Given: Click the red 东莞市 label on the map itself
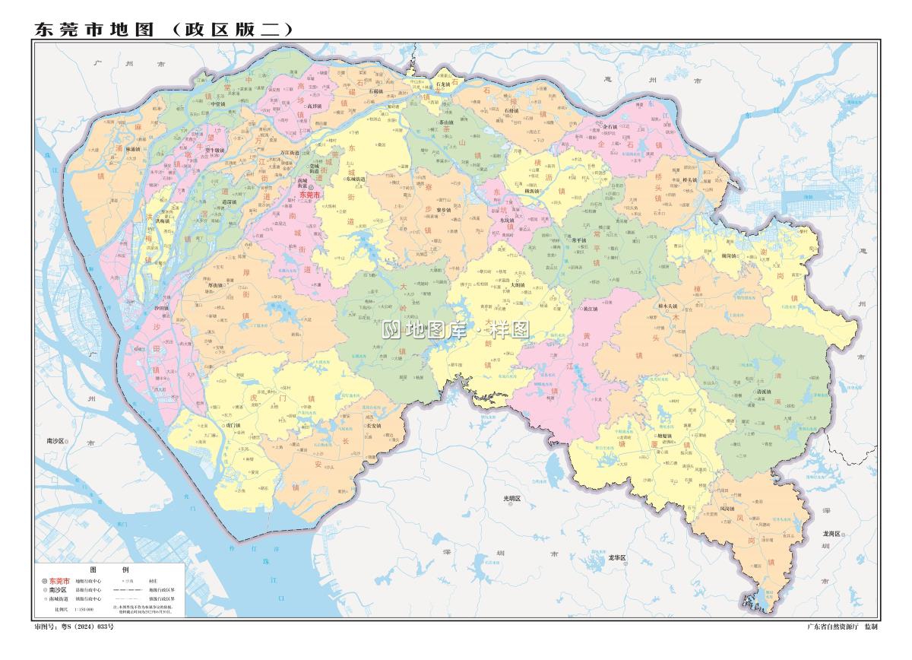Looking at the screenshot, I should (x=312, y=194).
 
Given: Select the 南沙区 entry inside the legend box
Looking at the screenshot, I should (x=59, y=590).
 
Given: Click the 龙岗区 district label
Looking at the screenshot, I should (x=831, y=534).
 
